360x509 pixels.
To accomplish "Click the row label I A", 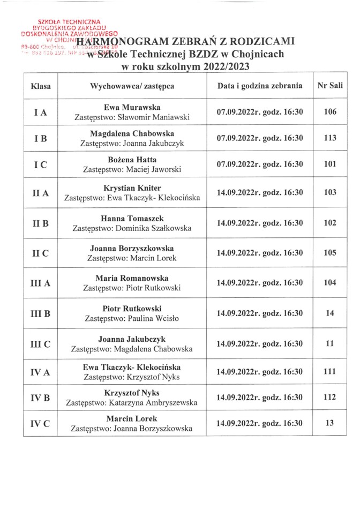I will pyautogui.click(x=40, y=113).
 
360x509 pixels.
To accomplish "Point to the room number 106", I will pyautogui.click(x=329, y=112).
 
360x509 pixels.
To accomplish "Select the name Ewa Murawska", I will pyautogui.click(x=133, y=107).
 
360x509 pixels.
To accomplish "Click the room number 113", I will pyautogui.click(x=329, y=138).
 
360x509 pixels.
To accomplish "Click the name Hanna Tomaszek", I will pyautogui.click(x=133, y=219).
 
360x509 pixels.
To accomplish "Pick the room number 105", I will pyautogui.click(x=329, y=253).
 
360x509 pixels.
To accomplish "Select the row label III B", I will pyautogui.click(x=40, y=314).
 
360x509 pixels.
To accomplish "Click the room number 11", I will pyautogui.click(x=329, y=343).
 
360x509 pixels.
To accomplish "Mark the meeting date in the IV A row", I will pyautogui.click(x=260, y=372).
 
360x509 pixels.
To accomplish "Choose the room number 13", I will pyautogui.click(x=329, y=423).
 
